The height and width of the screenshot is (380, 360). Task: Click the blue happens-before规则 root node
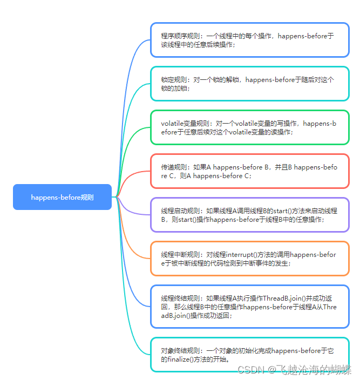coord(62,197)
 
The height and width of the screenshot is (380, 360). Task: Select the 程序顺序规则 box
coord(249,40)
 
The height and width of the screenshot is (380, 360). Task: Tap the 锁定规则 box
coord(249,84)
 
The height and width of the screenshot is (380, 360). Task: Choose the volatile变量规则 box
coord(249,127)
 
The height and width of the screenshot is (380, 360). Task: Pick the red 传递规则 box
coord(249,171)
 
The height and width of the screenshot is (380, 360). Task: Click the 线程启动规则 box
coord(249,215)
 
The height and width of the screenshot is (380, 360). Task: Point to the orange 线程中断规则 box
coord(249,259)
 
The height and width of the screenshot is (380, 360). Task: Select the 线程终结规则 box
coord(249,307)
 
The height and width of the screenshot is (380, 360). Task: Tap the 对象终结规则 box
coord(249,355)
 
